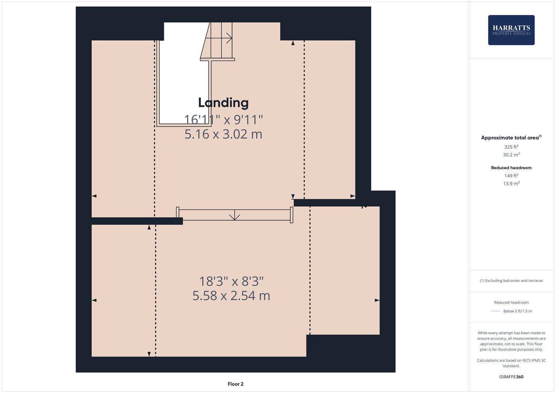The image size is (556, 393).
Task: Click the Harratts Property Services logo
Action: pos(511,30)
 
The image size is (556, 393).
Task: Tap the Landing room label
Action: pos(223,103)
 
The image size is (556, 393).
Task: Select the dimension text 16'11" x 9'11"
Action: pos(223,119)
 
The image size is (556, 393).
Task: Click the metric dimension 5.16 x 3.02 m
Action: pos(223,134)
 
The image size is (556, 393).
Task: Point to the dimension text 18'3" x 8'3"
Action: pos(231,281)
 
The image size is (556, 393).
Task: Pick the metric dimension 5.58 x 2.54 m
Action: pos(231,295)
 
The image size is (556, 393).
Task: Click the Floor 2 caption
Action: pos(235,384)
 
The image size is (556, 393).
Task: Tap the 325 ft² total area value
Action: pos(511,147)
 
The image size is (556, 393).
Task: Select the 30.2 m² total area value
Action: pos(511,155)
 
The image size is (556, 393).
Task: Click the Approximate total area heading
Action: pos(510,138)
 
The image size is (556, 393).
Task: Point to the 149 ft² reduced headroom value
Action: pos(511,176)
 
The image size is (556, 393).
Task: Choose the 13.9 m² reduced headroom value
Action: pos(511,183)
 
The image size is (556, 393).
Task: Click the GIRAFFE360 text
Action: pos(511,377)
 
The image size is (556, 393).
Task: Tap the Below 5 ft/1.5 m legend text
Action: pos(517,311)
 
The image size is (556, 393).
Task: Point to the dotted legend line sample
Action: pos(496,311)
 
